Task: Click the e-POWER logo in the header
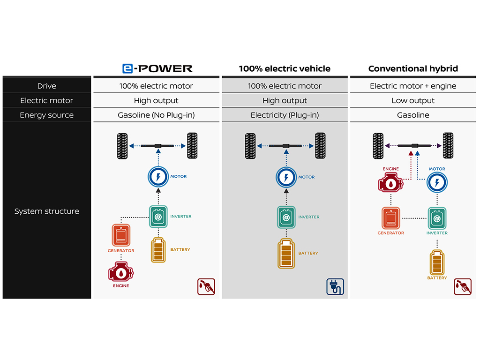click(x=157, y=68)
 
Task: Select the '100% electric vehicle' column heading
click(x=285, y=68)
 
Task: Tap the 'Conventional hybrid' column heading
click(x=413, y=68)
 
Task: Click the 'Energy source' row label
click(x=47, y=115)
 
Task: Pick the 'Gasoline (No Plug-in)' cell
click(x=156, y=115)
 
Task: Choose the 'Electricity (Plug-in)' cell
click(x=285, y=115)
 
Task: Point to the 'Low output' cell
click(x=413, y=100)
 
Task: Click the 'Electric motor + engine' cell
click(x=413, y=86)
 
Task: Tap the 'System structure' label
click(x=47, y=211)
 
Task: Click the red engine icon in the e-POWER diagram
click(x=121, y=271)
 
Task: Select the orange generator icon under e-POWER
click(x=121, y=235)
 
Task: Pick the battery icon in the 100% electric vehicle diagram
click(x=286, y=254)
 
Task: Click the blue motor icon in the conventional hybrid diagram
click(x=437, y=182)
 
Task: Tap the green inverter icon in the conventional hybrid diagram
click(x=437, y=218)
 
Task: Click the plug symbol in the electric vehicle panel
click(x=335, y=287)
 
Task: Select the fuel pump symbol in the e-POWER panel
click(x=206, y=287)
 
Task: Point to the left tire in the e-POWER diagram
click(x=122, y=146)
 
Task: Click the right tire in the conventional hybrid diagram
click(x=448, y=145)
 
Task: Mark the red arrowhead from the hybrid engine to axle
click(x=411, y=153)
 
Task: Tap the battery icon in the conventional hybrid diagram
click(x=437, y=262)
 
